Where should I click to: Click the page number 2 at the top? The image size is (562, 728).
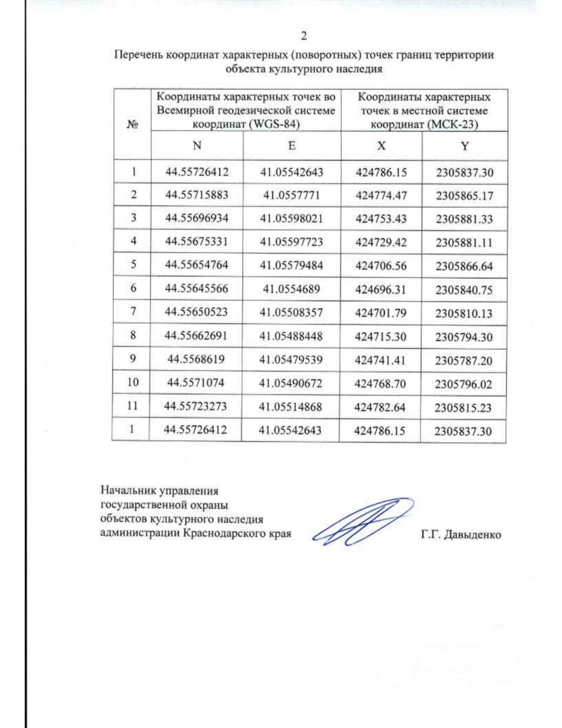(304, 36)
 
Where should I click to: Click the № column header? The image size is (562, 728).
(133, 124)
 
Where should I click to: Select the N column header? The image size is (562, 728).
(197, 145)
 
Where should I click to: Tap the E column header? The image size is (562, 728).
(292, 145)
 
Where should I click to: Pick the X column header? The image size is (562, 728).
(381, 146)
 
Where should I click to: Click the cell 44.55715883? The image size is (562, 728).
(197, 195)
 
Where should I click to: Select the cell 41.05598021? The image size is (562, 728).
(291, 218)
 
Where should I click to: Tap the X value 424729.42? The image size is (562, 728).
(381, 242)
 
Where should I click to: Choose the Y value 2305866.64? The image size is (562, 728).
(464, 266)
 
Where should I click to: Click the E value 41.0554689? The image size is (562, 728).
(291, 289)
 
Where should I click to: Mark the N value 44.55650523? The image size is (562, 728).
(196, 312)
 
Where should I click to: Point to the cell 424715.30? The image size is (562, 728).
(380, 337)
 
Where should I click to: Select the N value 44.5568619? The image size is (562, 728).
(196, 359)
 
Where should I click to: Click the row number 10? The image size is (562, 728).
(133, 382)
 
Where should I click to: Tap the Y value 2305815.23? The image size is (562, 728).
(463, 408)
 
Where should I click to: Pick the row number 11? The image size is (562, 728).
(133, 405)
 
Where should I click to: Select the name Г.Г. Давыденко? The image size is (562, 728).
(461, 534)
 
